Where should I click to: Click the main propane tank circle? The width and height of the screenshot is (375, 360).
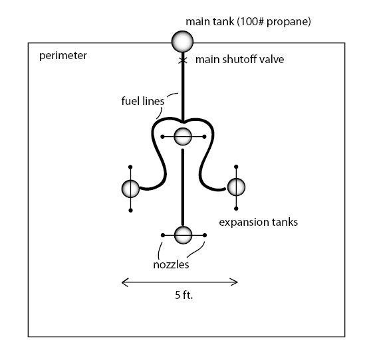pos(182,41)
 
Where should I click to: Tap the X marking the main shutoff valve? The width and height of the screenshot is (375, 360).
pos(183,60)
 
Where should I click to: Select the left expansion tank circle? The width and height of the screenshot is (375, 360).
pos(130,189)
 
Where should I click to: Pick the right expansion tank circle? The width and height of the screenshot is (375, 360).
pos(236,187)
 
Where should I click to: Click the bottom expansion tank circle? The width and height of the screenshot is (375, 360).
pos(184,235)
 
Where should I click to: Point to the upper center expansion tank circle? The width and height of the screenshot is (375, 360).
pos(183,136)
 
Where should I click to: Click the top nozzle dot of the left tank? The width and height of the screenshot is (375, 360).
pos(130,167)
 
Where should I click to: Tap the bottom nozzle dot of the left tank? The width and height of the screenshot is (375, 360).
pos(130,211)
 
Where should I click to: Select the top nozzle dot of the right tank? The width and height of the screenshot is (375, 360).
pos(236,167)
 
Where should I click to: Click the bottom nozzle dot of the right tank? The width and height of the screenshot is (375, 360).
pos(236,209)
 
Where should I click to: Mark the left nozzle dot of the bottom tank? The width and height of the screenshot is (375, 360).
pos(163,235)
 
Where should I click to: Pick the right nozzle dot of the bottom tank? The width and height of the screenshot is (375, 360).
pos(205,235)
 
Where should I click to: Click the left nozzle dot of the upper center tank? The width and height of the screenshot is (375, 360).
pos(162,137)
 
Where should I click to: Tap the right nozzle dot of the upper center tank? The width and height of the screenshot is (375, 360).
pos(204,137)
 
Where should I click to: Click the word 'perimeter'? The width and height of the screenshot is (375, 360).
pos(63,56)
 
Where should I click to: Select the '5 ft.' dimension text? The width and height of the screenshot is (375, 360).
pos(184,295)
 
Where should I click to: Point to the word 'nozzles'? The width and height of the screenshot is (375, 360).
pos(171,264)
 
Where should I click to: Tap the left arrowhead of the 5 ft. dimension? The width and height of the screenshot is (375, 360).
pos(125,282)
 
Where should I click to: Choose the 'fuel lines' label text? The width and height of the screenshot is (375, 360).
pos(143,101)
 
